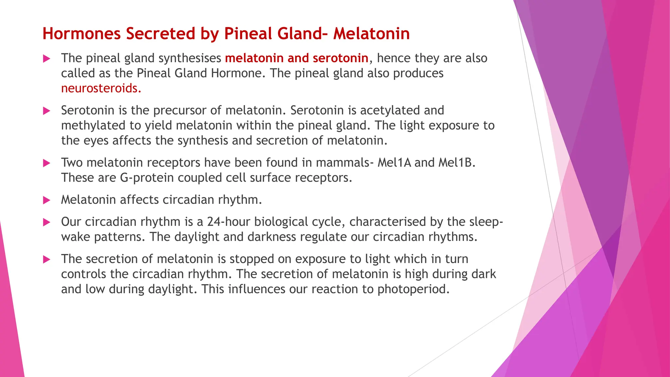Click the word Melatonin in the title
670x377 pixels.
[371, 34]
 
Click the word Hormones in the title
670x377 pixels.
[81, 34]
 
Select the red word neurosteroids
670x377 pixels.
[101, 88]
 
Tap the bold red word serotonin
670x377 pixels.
[340, 58]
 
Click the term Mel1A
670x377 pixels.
[394, 163]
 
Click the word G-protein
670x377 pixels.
[147, 178]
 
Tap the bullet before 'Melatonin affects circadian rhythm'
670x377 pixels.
[47, 200]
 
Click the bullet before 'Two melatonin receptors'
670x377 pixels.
[47, 163]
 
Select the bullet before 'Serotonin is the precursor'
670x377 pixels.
[47, 111]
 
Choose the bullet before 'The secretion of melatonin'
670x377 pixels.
[47, 260]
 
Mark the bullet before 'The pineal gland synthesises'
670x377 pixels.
[47, 59]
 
